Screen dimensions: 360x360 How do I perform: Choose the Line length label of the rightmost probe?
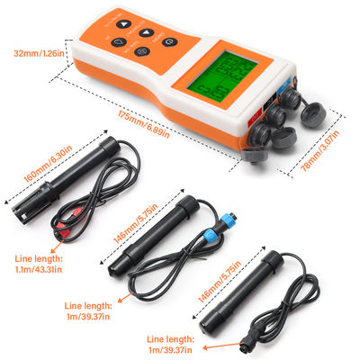tap(174, 338)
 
